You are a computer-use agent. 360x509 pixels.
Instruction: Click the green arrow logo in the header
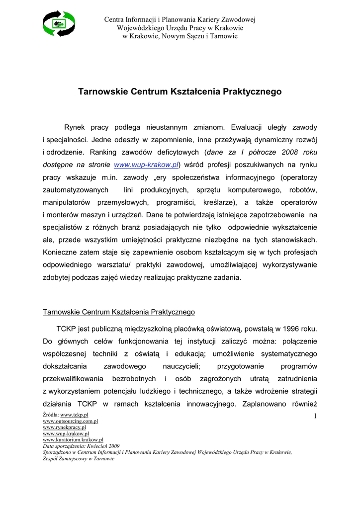[59, 24]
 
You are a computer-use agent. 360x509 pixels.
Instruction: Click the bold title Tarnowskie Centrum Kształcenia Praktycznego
[180, 92]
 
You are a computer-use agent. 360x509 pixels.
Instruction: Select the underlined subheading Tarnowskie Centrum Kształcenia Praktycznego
[119, 312]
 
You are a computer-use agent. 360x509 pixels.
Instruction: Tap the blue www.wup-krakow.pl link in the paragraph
[146, 165]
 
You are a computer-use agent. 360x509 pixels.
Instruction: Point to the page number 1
[315, 416]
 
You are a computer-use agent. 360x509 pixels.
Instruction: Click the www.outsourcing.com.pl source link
[70, 421]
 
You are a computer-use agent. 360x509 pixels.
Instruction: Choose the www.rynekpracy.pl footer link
[64, 427]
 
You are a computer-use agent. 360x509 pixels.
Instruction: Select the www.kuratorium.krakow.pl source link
[73, 440]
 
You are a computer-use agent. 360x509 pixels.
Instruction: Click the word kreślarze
[216, 202]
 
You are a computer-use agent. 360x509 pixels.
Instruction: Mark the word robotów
[302, 190]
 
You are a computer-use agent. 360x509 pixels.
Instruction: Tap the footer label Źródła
[50, 415]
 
